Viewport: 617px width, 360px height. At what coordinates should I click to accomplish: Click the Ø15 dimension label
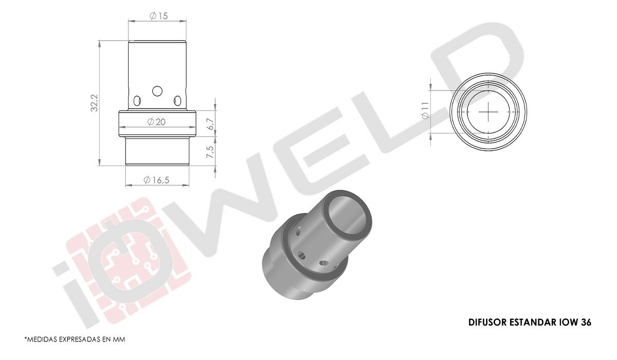(x=158, y=16)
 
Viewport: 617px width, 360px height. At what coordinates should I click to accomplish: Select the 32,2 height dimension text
(x=95, y=103)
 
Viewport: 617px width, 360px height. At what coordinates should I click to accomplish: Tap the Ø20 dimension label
(x=156, y=122)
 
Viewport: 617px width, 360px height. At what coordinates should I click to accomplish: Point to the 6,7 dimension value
(x=210, y=124)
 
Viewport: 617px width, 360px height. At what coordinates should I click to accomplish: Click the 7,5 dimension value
(x=210, y=152)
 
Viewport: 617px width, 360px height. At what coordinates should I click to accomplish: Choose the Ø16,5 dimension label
(x=156, y=180)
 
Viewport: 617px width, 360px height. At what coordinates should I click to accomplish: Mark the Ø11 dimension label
(x=426, y=110)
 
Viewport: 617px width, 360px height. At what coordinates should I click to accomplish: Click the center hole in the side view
(x=157, y=91)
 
